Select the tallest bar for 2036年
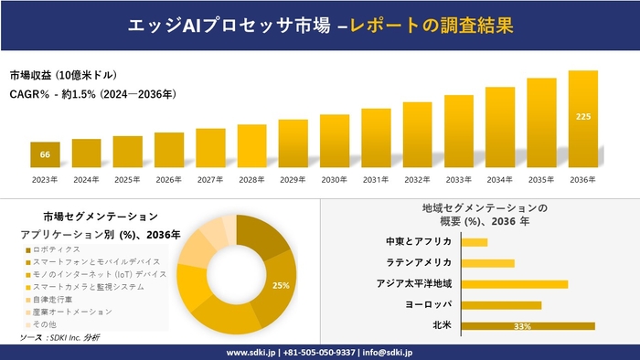582,119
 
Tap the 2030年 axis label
335,179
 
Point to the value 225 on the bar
582,116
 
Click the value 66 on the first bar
45,154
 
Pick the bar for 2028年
251,146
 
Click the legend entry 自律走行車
55,299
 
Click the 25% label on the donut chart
281,285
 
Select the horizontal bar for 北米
528,325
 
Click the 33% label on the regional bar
523,326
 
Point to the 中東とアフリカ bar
475,242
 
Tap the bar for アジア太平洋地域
515,284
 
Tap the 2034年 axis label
500,179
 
